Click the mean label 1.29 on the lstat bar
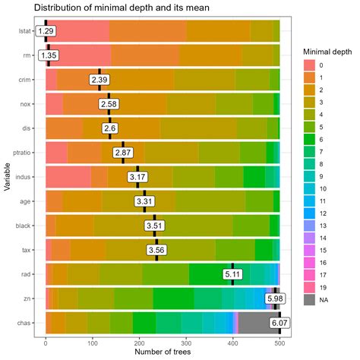tap(46, 31)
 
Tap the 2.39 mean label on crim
tap(99, 80)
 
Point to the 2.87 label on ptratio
tap(123, 152)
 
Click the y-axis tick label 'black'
tap(24, 226)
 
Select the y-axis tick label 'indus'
tap(24, 177)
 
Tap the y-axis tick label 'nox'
tap(27, 104)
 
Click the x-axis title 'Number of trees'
tap(163, 352)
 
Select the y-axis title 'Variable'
tap(7, 177)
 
